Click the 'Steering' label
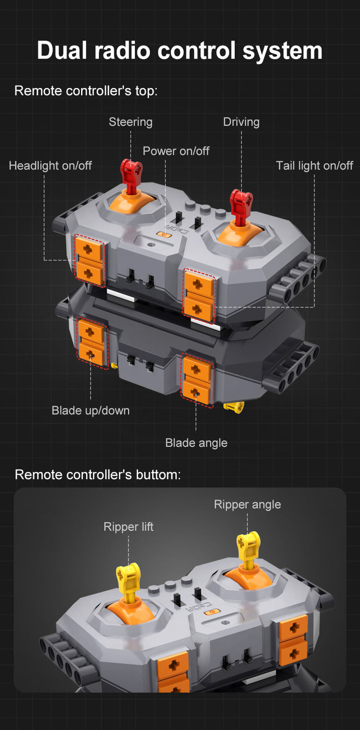click(131, 122)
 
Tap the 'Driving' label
click(241, 122)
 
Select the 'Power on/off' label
click(176, 151)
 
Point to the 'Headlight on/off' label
click(50, 166)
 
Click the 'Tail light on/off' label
click(315, 166)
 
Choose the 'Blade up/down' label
click(91, 410)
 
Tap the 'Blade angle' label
click(196, 443)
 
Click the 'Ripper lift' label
click(128, 527)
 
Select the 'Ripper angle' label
click(247, 504)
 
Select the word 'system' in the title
click(282, 51)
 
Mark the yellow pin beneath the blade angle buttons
click(234, 408)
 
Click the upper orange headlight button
click(89, 249)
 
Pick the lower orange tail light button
click(198, 308)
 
